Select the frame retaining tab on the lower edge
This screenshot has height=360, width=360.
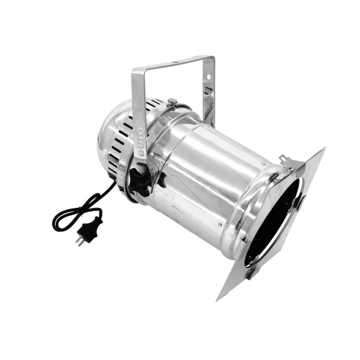[250, 272]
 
